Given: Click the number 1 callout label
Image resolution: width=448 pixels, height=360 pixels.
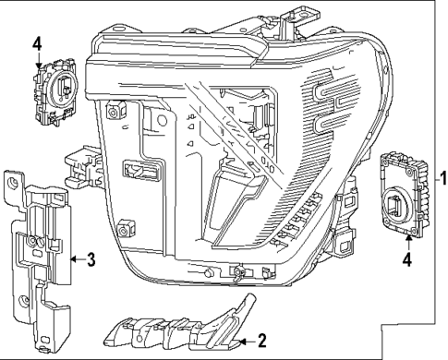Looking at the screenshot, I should tap(442, 174).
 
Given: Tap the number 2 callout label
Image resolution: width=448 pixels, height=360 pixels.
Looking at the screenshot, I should tap(261, 342).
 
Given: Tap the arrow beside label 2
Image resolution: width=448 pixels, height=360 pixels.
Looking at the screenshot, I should tap(246, 342).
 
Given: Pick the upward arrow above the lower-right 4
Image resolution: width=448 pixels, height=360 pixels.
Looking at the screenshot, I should tap(408, 241).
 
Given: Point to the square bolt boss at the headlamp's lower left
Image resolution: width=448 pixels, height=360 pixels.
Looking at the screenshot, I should tap(126, 225).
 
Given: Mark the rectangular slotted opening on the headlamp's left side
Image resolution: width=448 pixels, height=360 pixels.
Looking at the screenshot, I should tap(142, 170).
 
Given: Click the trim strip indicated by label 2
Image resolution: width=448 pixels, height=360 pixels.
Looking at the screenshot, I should tap(176, 328).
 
